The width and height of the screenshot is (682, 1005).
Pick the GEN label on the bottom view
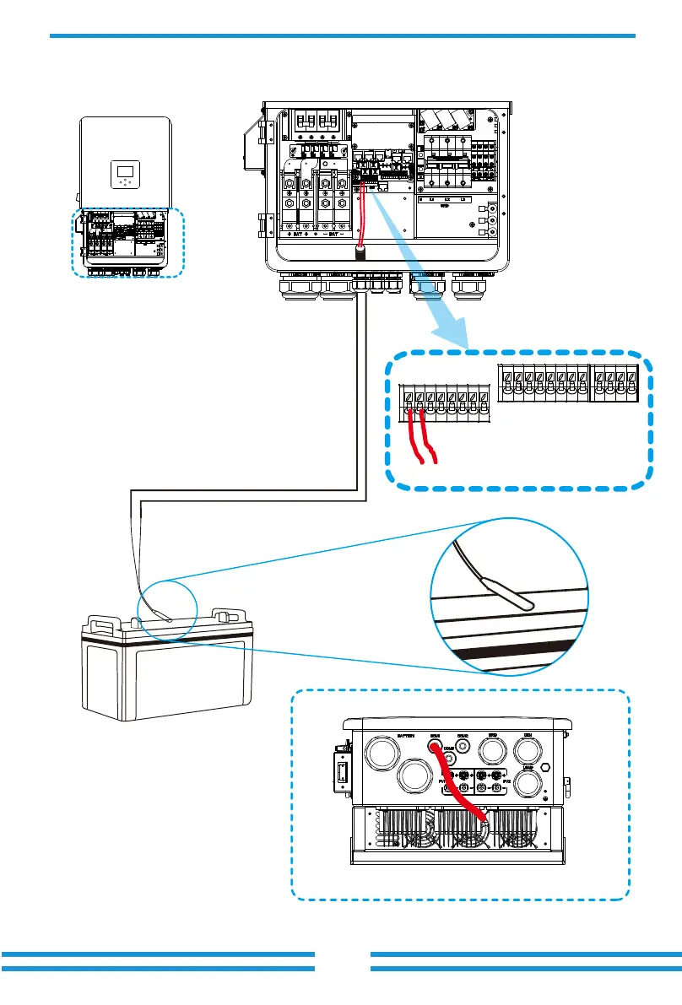pos(526,736)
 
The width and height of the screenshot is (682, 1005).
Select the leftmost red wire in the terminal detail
pos(413,435)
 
